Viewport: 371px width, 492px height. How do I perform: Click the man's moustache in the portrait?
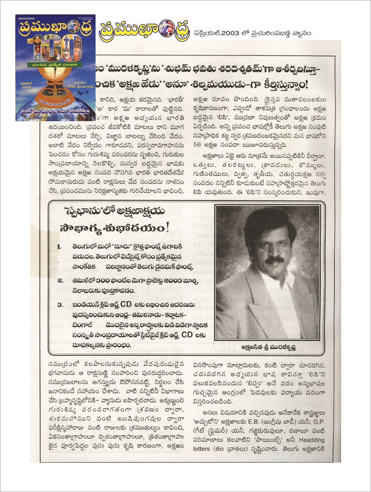point(275,260)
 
